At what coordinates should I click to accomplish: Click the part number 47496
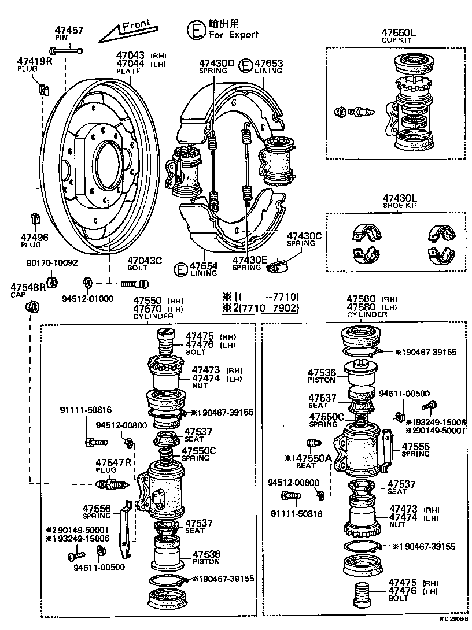[35, 238]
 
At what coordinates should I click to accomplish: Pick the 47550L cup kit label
[399, 33]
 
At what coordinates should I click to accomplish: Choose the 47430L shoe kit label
[400, 198]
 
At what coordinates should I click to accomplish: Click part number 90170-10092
[51, 262]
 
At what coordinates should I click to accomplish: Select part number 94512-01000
[87, 298]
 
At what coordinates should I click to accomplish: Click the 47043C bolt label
[145, 260]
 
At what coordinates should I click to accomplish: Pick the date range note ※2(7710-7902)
[261, 308]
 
